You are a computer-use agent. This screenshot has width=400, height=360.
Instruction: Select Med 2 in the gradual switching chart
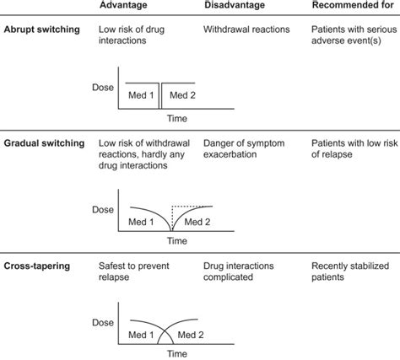click(198, 221)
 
